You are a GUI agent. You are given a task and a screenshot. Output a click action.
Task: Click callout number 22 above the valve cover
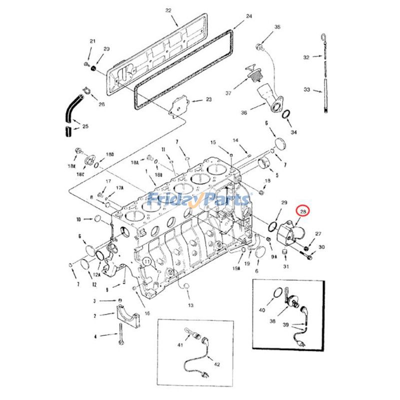(x=168, y=10)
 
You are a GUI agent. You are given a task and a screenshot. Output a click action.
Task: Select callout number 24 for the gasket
(x=249, y=16)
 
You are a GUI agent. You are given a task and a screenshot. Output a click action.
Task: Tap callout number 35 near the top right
(x=277, y=27)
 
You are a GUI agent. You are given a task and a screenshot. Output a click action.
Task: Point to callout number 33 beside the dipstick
(x=307, y=90)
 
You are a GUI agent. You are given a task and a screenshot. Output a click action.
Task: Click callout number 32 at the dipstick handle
(x=307, y=57)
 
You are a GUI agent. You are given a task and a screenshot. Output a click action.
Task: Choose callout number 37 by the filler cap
(x=228, y=93)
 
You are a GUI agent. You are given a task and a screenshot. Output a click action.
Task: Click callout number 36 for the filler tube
(x=244, y=113)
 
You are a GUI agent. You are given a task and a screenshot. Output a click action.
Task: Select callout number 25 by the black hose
(x=85, y=126)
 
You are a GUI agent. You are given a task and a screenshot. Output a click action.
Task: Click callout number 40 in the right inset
(x=262, y=310)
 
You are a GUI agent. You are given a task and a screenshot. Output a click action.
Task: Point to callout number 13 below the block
(x=190, y=305)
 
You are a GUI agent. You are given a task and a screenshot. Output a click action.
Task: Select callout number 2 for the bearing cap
(x=95, y=316)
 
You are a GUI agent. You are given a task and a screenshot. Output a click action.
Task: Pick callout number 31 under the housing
(x=286, y=266)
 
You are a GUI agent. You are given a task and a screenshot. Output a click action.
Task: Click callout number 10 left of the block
(x=78, y=219)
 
